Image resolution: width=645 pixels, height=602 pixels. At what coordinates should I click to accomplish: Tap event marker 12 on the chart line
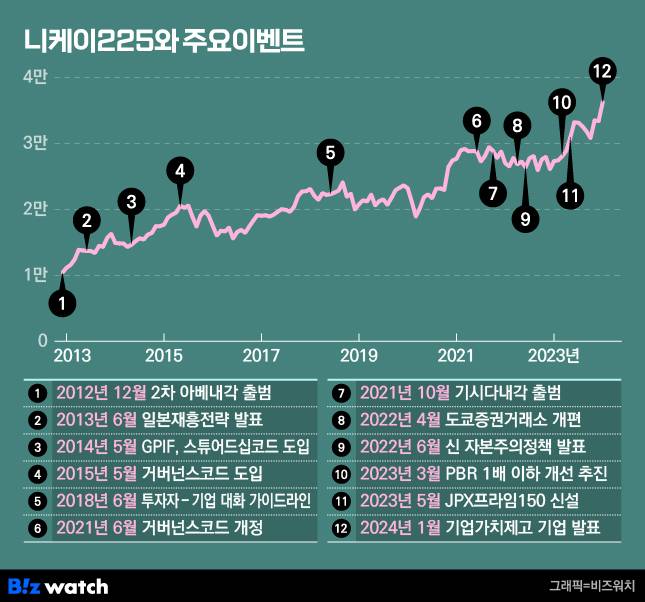[601, 71]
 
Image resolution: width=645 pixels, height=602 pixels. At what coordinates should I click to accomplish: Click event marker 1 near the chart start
[63, 301]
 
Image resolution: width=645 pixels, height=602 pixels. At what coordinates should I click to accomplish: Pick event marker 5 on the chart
[330, 153]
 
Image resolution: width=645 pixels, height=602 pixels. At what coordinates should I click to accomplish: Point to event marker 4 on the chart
[180, 170]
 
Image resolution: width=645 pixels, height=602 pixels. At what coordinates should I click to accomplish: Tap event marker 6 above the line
[478, 122]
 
